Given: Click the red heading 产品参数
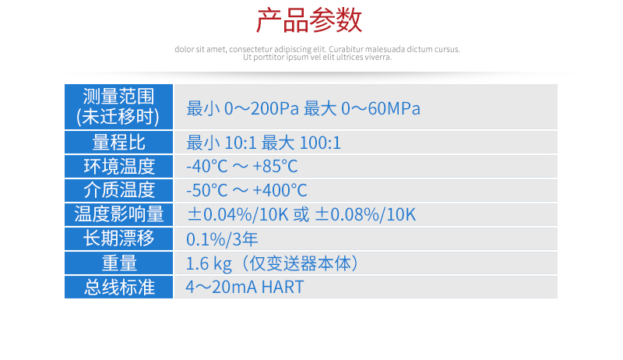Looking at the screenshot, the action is point(309,20).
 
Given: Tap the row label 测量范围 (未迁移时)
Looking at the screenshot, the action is point(118,107).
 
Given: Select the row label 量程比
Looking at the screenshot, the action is point(119,143).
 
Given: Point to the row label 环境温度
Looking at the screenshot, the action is point(119,166).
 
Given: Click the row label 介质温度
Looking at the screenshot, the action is point(119,190).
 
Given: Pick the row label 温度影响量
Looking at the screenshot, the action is point(119,214).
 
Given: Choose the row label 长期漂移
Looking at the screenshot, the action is point(119,238).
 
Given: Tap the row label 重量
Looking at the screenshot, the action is point(119,263).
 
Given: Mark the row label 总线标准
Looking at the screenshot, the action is point(119,287).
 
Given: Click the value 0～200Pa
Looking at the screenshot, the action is point(262,108).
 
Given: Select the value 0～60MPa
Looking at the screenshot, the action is point(381,108).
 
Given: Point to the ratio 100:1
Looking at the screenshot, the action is point(320,143).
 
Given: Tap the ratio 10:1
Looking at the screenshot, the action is point(241,143).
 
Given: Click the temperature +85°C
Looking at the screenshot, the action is point(275,167).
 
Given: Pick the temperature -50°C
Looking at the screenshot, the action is point(206,191).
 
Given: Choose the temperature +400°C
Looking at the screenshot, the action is point(280,191).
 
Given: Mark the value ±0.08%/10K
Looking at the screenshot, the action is point(365,214).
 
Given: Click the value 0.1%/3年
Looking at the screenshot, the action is point(222,239).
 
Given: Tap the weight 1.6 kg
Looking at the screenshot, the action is point(209,264).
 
